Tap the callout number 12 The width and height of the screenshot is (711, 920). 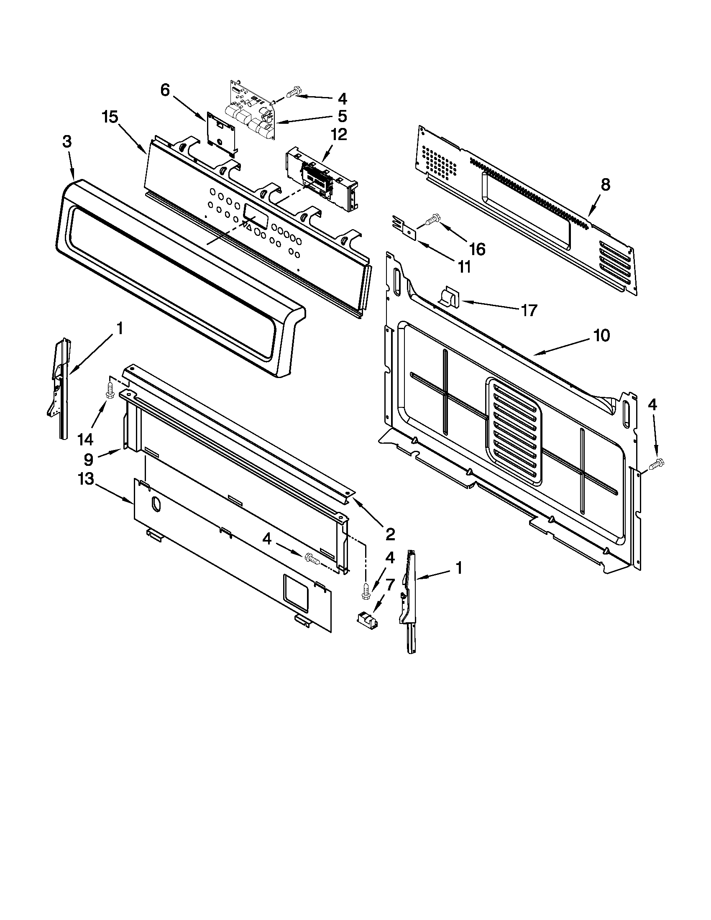339,135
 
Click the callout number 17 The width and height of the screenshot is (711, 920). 529,310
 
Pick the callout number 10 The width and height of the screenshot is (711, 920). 601,336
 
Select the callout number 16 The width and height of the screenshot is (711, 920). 477,249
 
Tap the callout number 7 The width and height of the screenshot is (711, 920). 390,584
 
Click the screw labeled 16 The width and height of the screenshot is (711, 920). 431,220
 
